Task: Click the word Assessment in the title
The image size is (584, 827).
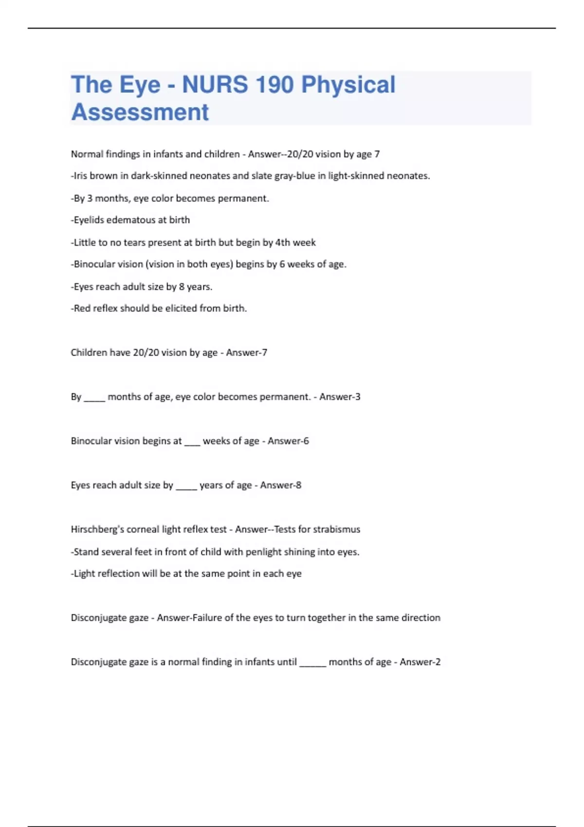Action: point(140,112)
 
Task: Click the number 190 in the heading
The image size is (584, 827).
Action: point(274,85)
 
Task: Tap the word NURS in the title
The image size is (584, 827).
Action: point(215,85)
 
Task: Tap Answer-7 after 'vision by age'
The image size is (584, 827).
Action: point(246,353)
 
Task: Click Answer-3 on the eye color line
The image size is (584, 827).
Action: point(340,397)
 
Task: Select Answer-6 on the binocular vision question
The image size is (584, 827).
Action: point(288,441)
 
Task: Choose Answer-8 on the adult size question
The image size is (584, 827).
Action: point(280,485)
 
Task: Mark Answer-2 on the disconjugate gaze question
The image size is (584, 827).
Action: point(420,662)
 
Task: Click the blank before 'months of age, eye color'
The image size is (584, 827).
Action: point(94,399)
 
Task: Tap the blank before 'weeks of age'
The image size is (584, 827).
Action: point(192,443)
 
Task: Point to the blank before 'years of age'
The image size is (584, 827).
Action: point(186,487)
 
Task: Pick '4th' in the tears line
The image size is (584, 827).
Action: point(283,242)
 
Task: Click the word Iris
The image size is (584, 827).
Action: point(80,176)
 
